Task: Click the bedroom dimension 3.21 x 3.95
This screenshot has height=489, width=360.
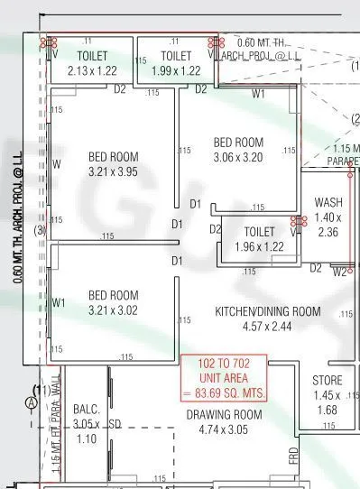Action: pos(113,171)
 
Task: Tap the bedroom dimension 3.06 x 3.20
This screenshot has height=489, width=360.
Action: pos(237,156)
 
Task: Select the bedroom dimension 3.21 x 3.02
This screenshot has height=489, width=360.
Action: pos(113,309)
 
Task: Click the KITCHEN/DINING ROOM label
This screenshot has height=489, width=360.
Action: pos(267,311)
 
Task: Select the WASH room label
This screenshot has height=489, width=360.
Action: pos(328,202)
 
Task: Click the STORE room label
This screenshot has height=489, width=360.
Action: pos(328,380)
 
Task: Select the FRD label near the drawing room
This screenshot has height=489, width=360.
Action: pos(294,456)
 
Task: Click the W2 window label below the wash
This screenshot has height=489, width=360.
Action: pos(339,270)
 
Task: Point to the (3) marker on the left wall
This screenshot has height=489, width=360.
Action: pos(40,230)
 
